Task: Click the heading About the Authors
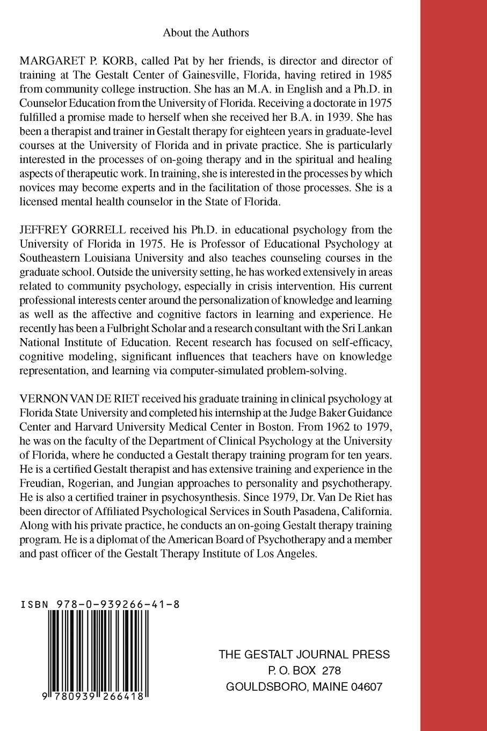tap(206, 33)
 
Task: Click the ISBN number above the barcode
tap(100, 604)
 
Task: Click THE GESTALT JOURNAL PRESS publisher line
tap(304, 655)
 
